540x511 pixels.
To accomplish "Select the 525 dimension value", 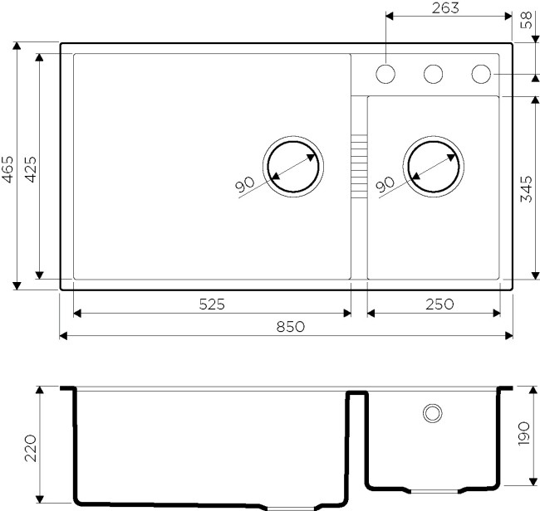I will [x=212, y=304].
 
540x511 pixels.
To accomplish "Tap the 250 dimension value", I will [x=438, y=304].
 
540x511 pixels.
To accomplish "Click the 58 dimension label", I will [x=526, y=21].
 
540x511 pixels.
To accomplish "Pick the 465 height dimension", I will [x=7, y=170].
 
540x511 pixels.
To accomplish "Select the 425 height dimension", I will [x=29, y=170].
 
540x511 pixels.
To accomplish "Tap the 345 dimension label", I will [x=526, y=189].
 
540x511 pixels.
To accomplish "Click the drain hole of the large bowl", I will [x=292, y=165].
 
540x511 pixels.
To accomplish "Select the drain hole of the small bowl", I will [x=432, y=165].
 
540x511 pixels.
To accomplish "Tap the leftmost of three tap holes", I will [x=385, y=74].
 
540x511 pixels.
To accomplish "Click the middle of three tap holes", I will [x=433, y=74].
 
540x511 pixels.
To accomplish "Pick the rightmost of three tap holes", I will [x=481, y=74].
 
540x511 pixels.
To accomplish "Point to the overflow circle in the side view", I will [x=432, y=411].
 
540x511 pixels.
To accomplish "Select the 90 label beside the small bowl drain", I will [x=385, y=186].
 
